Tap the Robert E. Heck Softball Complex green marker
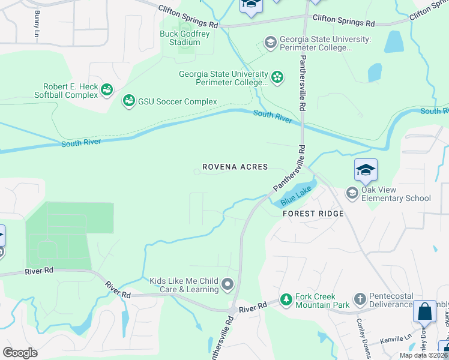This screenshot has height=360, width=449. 107,90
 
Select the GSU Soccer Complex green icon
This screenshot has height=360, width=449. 128,101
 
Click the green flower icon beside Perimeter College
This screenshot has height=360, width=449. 277,76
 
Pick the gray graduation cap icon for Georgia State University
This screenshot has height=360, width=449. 271,43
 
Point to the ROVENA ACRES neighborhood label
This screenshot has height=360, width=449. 235,167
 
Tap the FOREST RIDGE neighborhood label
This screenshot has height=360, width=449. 313,214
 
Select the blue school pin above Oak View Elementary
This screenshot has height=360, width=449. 366,170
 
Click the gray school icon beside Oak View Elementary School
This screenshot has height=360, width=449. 352,193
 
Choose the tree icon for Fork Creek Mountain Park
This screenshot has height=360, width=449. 286,299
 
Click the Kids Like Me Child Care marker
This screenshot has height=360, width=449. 227,284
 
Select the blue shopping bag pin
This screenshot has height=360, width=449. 424,312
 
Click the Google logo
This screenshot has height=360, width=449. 20,353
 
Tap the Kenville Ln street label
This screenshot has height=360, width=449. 396,340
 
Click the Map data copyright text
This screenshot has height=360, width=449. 424,355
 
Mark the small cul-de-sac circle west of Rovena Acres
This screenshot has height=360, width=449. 196,172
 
